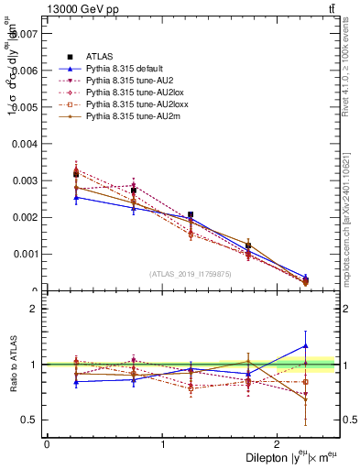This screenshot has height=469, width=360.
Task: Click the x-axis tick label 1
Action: coord(163,443)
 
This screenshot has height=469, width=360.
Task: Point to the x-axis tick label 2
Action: coord(280,443)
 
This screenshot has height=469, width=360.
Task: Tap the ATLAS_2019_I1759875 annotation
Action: coord(190,274)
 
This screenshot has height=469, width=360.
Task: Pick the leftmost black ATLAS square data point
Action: coord(76,173)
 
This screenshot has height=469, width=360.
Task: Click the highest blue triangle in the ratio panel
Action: coord(305,345)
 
